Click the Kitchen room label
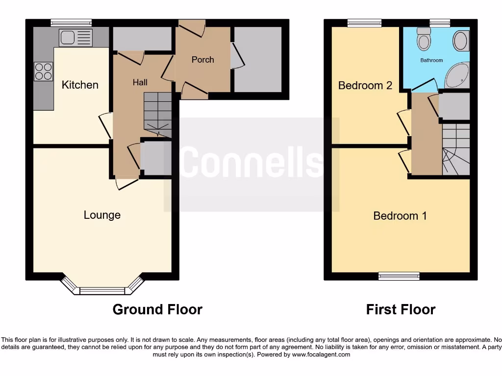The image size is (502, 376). [80, 85]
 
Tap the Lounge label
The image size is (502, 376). [102, 215]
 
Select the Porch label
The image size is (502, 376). [202, 59]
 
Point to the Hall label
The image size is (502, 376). [140, 82]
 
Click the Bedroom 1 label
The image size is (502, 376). [400, 215]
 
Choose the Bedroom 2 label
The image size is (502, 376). [365, 85]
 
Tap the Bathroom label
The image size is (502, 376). [431, 60]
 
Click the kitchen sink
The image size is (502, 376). [75, 37]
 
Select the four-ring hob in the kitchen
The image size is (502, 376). [43, 72]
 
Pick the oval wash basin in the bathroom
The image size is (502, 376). [460, 41]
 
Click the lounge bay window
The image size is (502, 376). [102, 290]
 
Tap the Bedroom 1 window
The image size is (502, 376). [399, 276]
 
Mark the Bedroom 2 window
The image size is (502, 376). [364, 23]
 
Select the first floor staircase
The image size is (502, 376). [456, 149]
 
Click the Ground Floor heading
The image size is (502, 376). [157, 309]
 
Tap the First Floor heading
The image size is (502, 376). [401, 309]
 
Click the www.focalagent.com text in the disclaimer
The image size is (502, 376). [321, 354]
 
